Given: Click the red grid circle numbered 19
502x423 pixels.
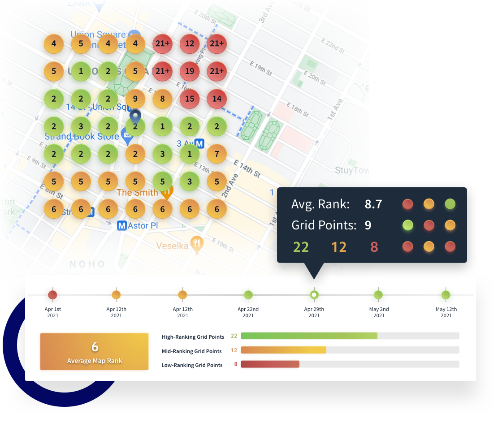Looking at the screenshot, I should point(190,71).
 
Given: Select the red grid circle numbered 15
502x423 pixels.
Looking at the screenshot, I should point(190,99).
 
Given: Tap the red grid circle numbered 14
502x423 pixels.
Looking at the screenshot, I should point(217,99).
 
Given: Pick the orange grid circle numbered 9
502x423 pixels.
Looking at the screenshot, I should point(135,99).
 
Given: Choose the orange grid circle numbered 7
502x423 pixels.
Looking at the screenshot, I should point(217,154).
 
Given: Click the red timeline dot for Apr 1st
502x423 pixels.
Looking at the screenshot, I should point(53,295).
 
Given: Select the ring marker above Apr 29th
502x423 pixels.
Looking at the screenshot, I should point(314,295).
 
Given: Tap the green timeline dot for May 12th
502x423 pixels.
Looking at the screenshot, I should point(446,295).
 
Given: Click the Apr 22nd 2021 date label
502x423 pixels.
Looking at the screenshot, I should point(248,312).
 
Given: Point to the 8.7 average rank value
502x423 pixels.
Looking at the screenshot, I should point(373,204).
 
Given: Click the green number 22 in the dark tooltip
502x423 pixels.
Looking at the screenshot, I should point(301,246).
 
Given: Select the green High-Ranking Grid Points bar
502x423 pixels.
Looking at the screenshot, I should point(309,336).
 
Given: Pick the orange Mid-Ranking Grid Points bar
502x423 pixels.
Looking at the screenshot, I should point(283,350).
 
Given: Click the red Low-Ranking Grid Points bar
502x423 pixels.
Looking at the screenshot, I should point(270,364).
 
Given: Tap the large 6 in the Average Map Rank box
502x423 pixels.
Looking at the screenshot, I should point(95,347).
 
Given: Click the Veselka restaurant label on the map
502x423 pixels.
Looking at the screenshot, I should point(172,246).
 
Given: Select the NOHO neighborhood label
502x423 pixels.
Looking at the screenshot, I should point(87,264).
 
